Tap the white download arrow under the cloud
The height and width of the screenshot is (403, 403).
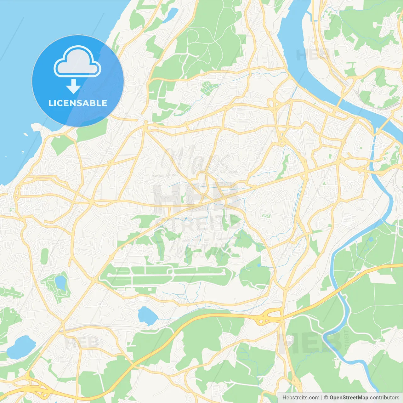73,87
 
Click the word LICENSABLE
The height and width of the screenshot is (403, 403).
78,103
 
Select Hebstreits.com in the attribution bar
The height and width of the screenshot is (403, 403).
301,398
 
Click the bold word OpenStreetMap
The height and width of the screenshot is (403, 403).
349,398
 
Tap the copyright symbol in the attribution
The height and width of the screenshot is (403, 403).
326,398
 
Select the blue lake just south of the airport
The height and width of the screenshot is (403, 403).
147,316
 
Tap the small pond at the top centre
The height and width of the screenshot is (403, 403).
173,13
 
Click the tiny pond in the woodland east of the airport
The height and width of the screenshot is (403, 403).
259,265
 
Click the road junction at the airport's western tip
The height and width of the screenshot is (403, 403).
95,279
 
